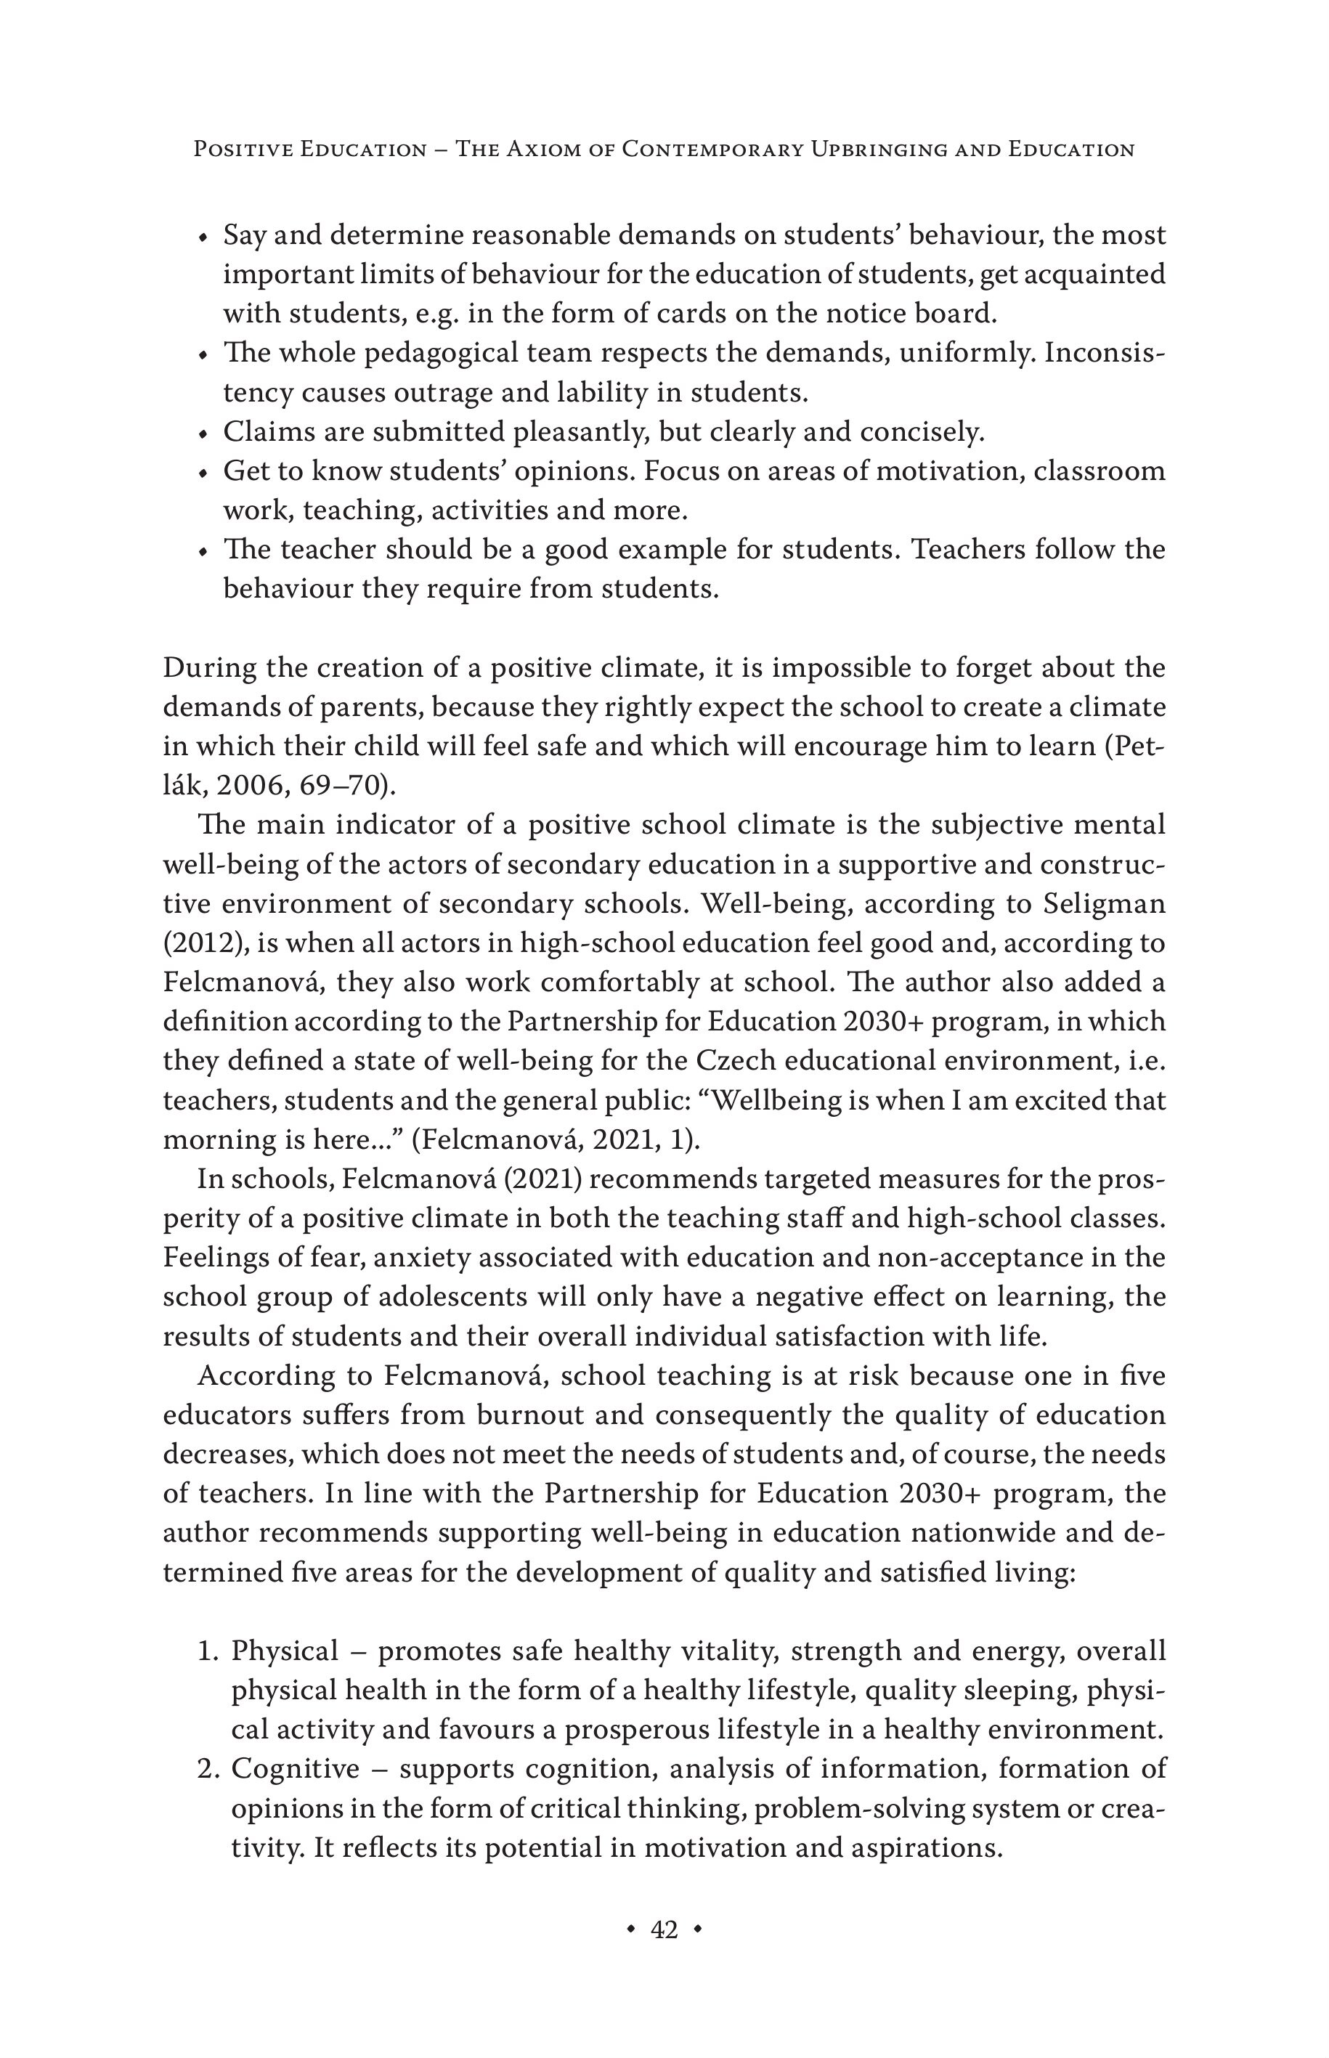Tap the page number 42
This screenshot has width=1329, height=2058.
tap(664, 1929)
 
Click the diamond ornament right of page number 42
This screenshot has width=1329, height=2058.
tap(697, 1929)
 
